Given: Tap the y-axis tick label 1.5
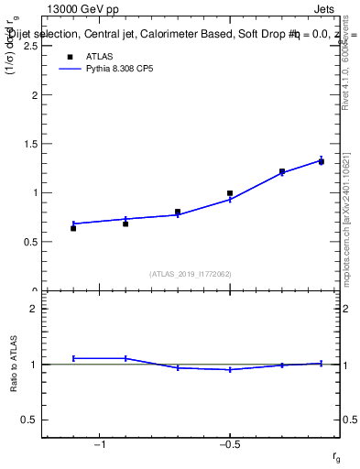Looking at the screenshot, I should click(x=30, y=144).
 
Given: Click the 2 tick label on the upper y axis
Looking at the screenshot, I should click(x=35, y=94).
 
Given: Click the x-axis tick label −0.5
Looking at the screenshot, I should click(x=229, y=444).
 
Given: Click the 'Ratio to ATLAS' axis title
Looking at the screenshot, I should click(x=16, y=365).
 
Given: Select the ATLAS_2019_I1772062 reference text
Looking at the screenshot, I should click(x=191, y=274).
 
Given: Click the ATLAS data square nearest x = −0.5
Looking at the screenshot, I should click(x=230, y=193).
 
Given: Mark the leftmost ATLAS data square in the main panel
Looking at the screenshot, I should click(x=73, y=228).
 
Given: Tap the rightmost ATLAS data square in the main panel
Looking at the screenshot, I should click(x=322, y=161).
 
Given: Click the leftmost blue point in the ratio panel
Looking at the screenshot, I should click(x=73, y=358).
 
